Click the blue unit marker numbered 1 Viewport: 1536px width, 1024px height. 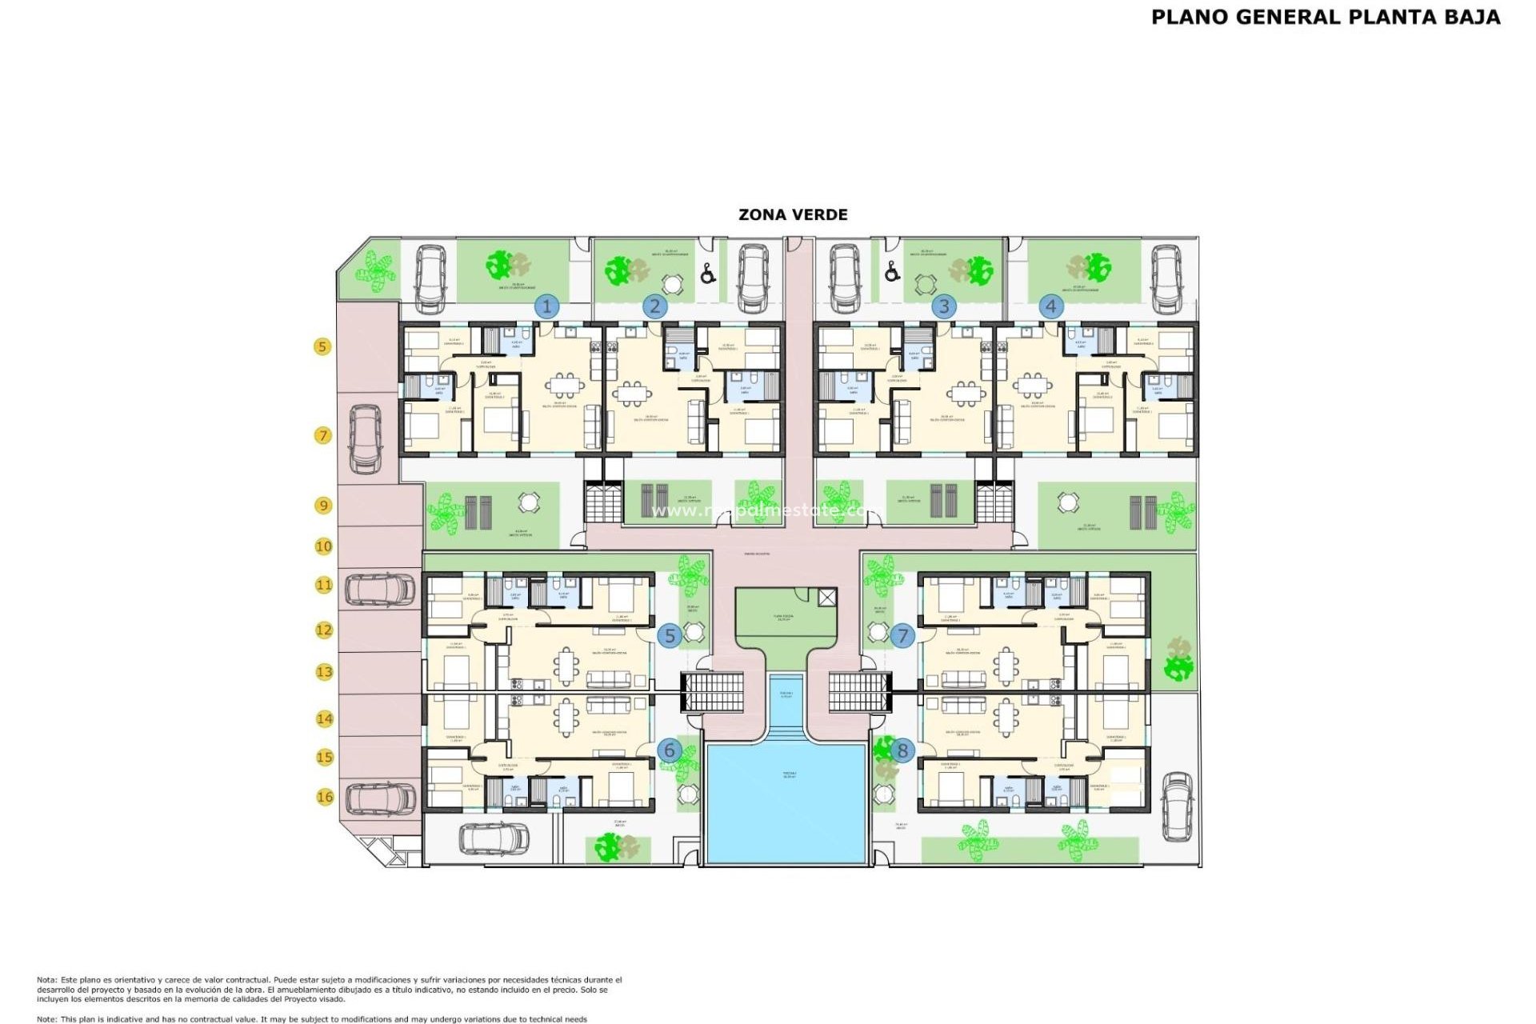547,306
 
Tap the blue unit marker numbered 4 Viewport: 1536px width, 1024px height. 1051,306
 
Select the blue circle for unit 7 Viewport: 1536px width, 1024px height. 902,636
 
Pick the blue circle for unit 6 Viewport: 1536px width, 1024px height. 670,750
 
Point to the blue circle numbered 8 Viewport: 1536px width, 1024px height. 902,750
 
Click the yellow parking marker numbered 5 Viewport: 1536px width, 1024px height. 322,346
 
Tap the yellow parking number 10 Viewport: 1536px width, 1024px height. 323,546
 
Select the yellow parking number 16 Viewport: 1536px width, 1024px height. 324,797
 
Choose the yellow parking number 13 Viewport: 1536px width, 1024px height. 324,672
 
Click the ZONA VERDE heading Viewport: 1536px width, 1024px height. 792,214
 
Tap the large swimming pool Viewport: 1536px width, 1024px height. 786,802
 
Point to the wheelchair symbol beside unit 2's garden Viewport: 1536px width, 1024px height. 707,274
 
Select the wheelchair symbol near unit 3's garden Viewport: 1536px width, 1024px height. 892,272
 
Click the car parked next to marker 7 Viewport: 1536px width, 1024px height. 366,438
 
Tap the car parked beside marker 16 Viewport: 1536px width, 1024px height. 381,798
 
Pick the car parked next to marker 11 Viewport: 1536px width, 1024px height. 380,590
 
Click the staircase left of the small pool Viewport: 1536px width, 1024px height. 712,692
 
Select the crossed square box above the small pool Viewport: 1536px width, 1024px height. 827,597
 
